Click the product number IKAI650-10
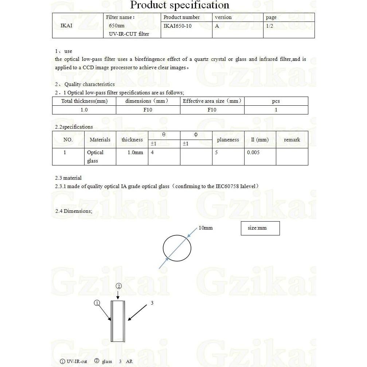177,26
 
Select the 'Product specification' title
180,5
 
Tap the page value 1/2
270,26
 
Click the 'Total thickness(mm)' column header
84,101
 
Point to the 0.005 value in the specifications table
253,152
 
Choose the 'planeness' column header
228,140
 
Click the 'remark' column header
292,140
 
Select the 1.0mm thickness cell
135,152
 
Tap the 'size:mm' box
260,228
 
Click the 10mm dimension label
206,228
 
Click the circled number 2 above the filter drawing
118,286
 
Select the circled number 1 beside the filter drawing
97,303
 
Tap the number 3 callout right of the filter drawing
152,303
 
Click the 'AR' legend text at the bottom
129,362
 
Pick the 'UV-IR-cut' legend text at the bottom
77,362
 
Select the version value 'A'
217,26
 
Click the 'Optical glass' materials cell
95,156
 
